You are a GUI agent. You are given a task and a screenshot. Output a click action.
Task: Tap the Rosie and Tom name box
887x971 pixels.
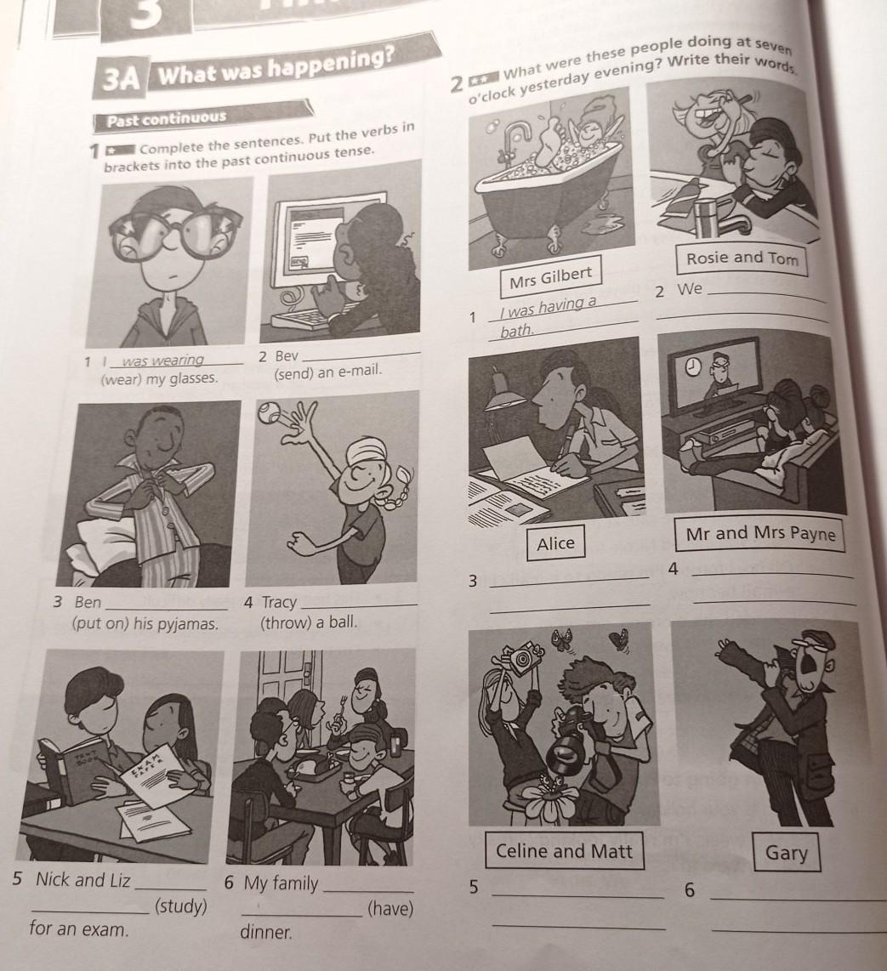(x=742, y=258)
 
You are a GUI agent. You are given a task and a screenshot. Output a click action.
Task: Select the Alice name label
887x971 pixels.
(x=555, y=543)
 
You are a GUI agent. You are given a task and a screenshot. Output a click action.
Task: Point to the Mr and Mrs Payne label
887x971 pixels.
(x=761, y=534)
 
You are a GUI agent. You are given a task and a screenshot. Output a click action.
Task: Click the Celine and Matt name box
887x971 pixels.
(x=564, y=851)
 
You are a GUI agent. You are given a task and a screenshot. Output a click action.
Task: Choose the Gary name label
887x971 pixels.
(x=786, y=853)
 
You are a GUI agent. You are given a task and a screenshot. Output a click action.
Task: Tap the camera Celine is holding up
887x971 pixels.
(x=522, y=659)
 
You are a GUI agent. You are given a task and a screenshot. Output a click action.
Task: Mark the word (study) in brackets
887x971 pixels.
(x=181, y=906)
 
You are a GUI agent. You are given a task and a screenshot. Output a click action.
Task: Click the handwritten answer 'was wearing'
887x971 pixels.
(x=163, y=361)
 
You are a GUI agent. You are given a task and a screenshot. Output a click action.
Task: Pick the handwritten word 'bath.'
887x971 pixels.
(x=517, y=332)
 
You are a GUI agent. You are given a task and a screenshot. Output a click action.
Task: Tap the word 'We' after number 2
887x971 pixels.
(x=690, y=289)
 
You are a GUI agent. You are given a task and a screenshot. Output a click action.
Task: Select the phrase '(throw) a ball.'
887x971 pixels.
(x=309, y=622)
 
